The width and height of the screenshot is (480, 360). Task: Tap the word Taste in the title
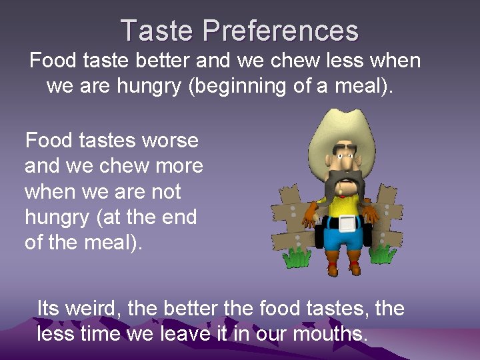[x=157, y=31]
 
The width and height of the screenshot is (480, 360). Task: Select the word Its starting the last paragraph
[x=49, y=309]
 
